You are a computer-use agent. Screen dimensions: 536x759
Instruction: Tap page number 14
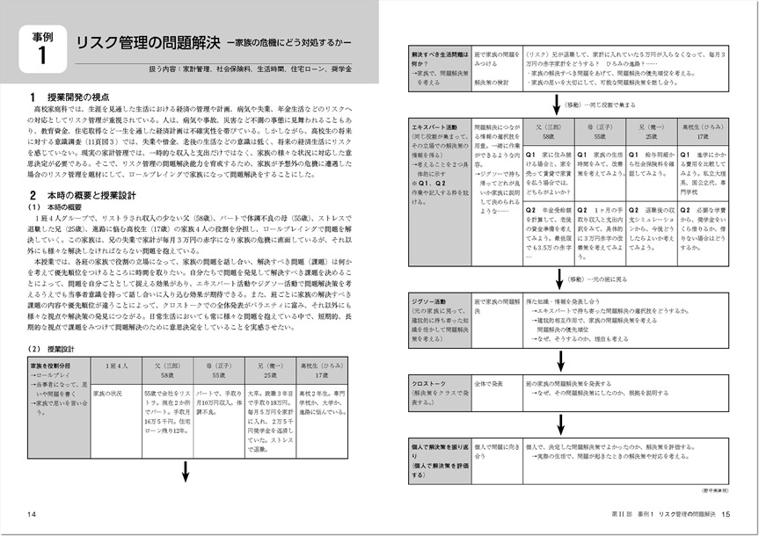[x=32, y=513]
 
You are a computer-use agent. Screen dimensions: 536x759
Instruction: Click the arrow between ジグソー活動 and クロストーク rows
[x=560, y=359]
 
